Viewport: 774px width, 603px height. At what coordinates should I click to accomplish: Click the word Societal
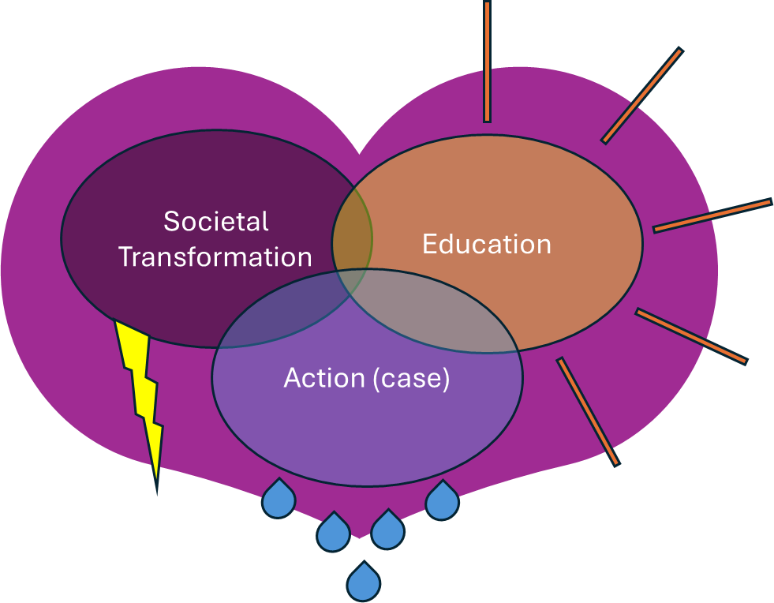pyautogui.click(x=216, y=222)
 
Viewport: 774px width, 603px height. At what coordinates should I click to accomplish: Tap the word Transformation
pyautogui.click(x=215, y=257)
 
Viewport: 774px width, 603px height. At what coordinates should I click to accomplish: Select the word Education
pyautogui.click(x=486, y=244)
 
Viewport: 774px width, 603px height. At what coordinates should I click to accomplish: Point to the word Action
pyautogui.click(x=324, y=379)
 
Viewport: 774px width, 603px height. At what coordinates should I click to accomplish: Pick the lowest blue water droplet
pyautogui.click(x=364, y=583)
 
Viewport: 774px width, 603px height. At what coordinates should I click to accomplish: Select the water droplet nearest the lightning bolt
pyautogui.click(x=279, y=500)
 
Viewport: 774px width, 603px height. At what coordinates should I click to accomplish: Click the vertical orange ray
pyautogui.click(x=487, y=62)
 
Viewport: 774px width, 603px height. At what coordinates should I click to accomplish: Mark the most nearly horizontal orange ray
pyautogui.click(x=712, y=215)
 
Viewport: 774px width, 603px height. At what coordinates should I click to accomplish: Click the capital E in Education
pyautogui.click(x=429, y=244)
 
